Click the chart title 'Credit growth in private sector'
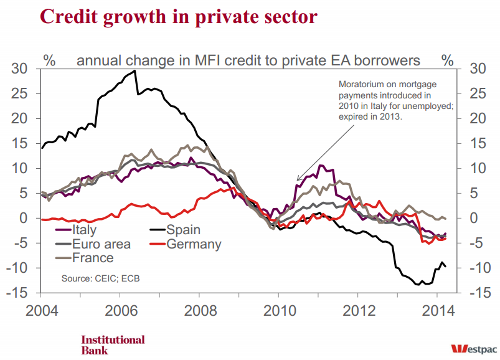click(161, 16)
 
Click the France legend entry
click(93, 257)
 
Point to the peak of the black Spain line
click(135, 70)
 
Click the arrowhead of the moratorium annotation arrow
click(298, 180)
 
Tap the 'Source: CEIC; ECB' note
click(100, 278)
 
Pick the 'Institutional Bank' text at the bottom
click(113, 344)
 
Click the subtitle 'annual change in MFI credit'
click(248, 60)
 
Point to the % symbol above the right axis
click(447, 60)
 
